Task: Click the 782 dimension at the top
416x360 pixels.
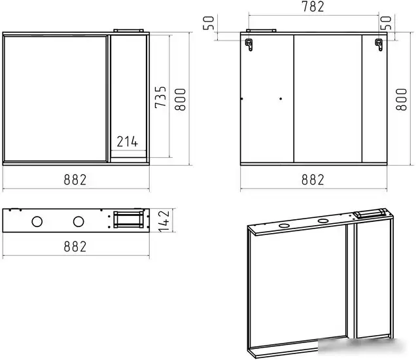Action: click(313, 7)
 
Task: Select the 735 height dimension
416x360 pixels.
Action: click(161, 97)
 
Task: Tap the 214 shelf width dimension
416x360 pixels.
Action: click(128, 141)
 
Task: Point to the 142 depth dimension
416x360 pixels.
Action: click(164, 221)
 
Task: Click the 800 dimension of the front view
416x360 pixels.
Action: click(180, 99)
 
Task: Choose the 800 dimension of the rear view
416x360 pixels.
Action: click(401, 99)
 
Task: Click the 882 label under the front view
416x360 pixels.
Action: click(75, 180)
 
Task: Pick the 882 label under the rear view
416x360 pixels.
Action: click(313, 180)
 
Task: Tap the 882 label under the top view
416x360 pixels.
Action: click(75, 247)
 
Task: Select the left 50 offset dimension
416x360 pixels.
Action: click(209, 23)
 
